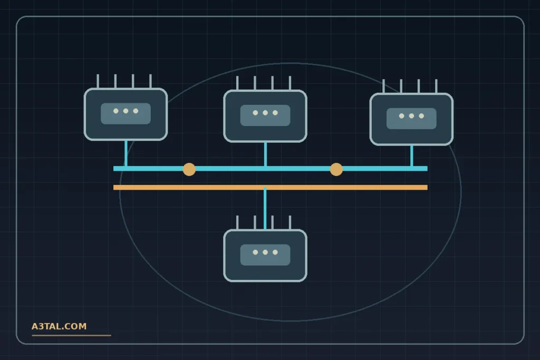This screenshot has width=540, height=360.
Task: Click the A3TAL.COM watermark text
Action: click(x=59, y=326)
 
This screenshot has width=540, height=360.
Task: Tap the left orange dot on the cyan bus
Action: click(x=189, y=169)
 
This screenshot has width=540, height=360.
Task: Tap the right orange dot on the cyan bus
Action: click(x=336, y=169)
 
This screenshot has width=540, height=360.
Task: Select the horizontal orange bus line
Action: click(x=271, y=187)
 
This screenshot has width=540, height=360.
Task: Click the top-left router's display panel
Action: click(x=126, y=113)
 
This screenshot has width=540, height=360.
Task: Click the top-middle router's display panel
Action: click(x=265, y=115)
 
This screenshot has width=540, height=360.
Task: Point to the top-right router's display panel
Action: click(x=411, y=119)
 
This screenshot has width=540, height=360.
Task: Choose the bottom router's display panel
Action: click(x=265, y=255)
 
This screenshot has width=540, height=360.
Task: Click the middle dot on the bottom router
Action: click(x=265, y=252)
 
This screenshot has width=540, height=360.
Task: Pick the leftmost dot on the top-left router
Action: click(x=115, y=111)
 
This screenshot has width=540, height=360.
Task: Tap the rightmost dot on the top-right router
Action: click(x=421, y=116)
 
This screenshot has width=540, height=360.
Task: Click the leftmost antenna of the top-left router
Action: click(x=98, y=81)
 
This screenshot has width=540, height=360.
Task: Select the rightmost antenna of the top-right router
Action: click(x=436, y=86)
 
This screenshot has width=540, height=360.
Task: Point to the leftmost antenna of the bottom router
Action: click(x=237, y=222)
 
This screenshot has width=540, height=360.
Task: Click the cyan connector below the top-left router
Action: click(x=126, y=153)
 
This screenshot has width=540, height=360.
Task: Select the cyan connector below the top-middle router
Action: click(x=265, y=154)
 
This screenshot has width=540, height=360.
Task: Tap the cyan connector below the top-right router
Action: click(x=411, y=155)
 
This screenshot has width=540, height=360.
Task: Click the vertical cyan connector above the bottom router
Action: click(x=265, y=208)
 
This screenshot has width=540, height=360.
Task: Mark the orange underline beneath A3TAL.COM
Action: click(x=71, y=335)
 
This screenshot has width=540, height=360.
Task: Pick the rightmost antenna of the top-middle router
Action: click(x=290, y=83)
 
